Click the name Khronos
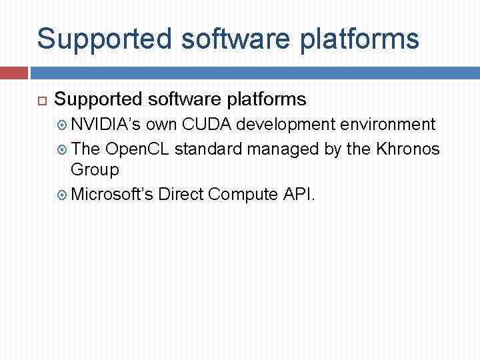point(408,149)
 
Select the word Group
point(95,170)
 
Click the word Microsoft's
point(112,194)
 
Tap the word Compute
point(243,194)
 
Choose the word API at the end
point(299,194)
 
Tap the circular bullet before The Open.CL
point(63,149)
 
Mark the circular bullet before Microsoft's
point(63,195)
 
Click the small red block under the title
point(13,73)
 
